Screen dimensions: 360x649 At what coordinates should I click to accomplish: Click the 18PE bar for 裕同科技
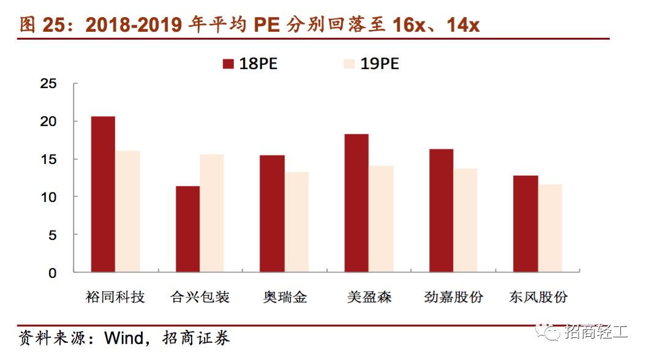[103, 194]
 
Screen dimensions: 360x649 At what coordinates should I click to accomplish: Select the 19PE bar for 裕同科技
[127, 211]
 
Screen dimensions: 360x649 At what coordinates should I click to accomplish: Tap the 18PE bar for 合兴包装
[187, 229]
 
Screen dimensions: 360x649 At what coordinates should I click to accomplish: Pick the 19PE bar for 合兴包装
[212, 213]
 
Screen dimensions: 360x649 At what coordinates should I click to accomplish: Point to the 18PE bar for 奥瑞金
[272, 214]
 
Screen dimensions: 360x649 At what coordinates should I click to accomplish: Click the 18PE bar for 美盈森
[356, 203]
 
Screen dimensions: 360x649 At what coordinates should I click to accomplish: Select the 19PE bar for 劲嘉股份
[465, 220]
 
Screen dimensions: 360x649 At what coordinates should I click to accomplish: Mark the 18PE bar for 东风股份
[525, 223]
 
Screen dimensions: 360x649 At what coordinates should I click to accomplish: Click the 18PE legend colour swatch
[229, 64]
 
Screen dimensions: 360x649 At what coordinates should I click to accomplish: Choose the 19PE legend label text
[380, 64]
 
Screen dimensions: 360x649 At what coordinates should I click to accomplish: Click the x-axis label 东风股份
[538, 298]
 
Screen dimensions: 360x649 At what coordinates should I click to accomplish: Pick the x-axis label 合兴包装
[200, 298]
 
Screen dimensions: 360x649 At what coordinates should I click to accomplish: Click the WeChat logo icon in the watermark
[549, 332]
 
